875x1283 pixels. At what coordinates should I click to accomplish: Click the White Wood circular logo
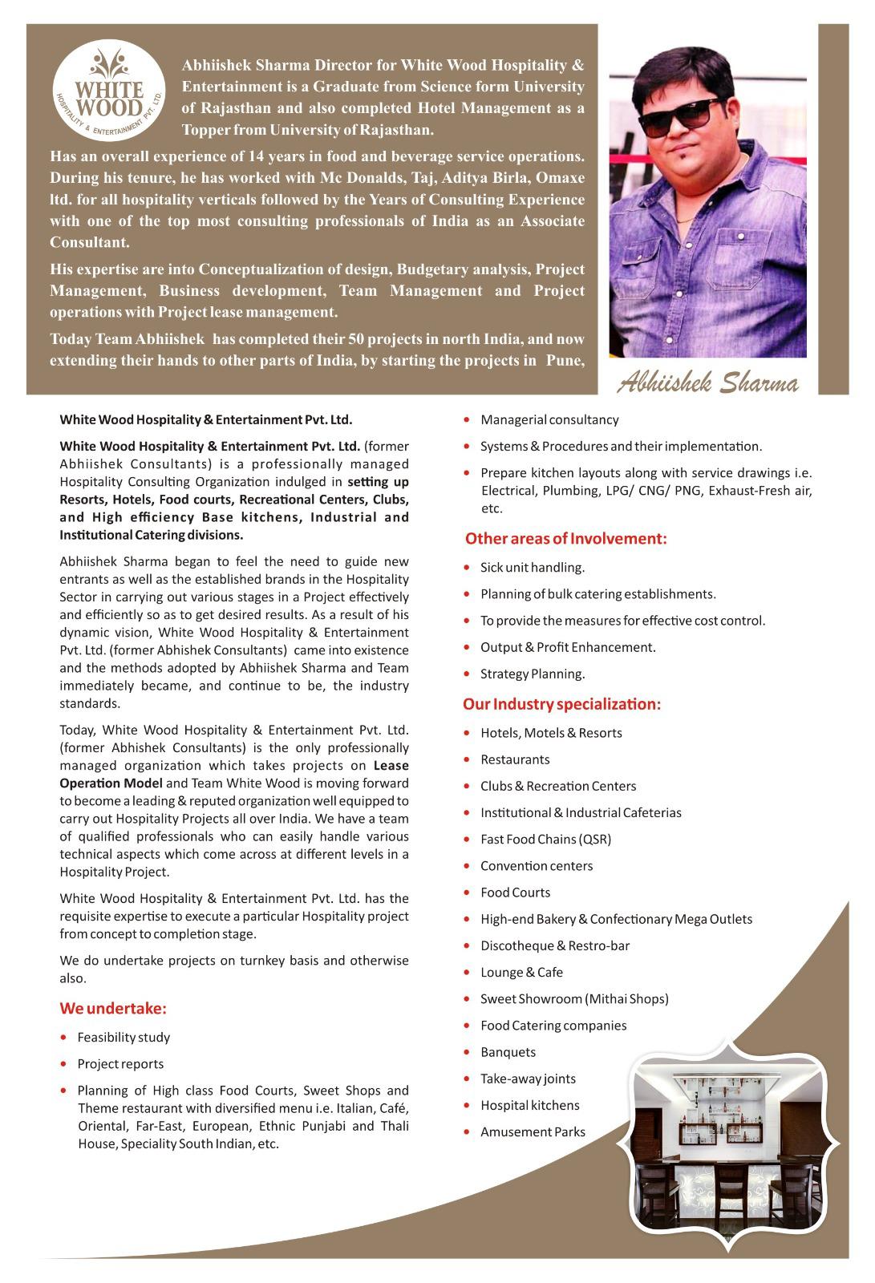point(108,92)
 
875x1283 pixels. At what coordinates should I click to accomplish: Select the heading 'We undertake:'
point(113,1008)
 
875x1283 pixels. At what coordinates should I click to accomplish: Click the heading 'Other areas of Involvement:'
point(566,538)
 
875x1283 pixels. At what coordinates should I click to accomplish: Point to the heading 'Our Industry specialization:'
point(561,704)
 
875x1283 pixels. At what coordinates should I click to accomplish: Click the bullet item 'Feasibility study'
point(124,1037)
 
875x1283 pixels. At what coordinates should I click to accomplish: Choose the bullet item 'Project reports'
point(120,1063)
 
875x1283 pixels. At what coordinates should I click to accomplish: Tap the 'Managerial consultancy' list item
point(549,419)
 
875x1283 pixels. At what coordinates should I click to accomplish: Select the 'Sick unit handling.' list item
point(533,567)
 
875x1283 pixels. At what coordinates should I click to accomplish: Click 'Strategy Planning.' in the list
point(533,674)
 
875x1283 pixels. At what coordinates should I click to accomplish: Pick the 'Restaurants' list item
point(515,759)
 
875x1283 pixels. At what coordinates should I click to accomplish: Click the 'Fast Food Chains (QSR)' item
point(545,839)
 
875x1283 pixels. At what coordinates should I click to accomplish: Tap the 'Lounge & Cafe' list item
point(521,972)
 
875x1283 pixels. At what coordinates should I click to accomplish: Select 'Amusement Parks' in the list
point(533,1131)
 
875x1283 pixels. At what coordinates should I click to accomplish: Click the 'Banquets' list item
point(508,1052)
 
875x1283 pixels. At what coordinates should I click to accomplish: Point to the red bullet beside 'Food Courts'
point(466,892)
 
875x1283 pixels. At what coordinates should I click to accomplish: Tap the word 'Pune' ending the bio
point(563,360)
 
